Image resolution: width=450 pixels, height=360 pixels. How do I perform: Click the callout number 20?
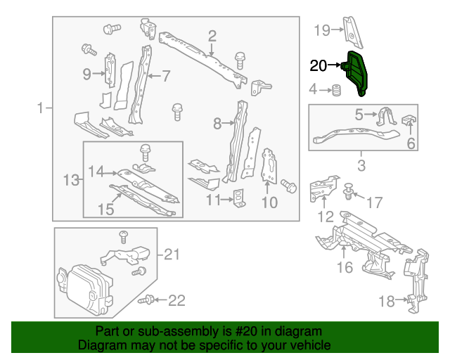318,66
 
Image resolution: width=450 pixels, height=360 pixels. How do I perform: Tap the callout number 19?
321,30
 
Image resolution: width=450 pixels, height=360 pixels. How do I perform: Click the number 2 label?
212,36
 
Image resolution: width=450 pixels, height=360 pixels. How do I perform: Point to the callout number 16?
345,267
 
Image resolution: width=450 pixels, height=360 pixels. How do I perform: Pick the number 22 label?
176,301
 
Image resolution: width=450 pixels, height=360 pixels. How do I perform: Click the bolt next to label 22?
148,300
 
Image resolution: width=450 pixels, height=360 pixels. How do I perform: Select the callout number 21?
172,255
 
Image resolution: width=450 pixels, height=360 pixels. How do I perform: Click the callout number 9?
86,73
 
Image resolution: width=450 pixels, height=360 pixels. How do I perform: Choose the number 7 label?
166,75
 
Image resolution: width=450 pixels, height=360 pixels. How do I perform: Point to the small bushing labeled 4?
337,90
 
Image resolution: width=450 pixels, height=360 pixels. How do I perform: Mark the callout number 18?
386,302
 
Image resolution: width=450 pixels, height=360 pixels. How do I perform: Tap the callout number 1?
40,108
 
